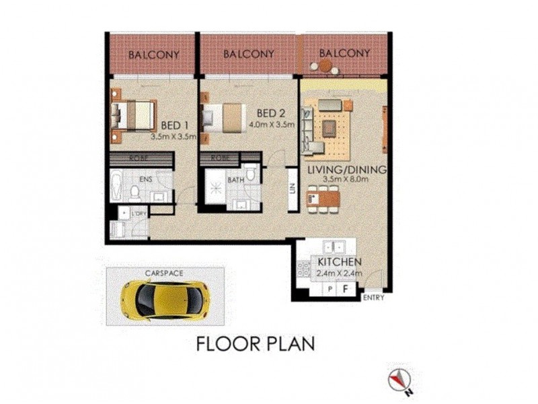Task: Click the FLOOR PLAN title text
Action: pos(256,344)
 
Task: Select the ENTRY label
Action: pos(373,297)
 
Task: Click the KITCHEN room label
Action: pos(340,262)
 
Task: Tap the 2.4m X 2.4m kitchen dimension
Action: pos(340,273)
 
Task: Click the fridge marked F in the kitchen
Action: pos(345,289)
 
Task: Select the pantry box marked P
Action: pos(330,289)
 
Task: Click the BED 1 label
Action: pos(175,125)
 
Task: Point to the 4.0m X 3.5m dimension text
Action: pos(272,125)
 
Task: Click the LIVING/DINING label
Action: pos(347,170)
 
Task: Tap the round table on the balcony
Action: pos(325,65)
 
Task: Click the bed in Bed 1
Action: pos(133,114)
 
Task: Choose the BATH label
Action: pos(235,180)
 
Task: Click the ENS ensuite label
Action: pos(145,180)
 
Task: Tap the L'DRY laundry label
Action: pos(140,213)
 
